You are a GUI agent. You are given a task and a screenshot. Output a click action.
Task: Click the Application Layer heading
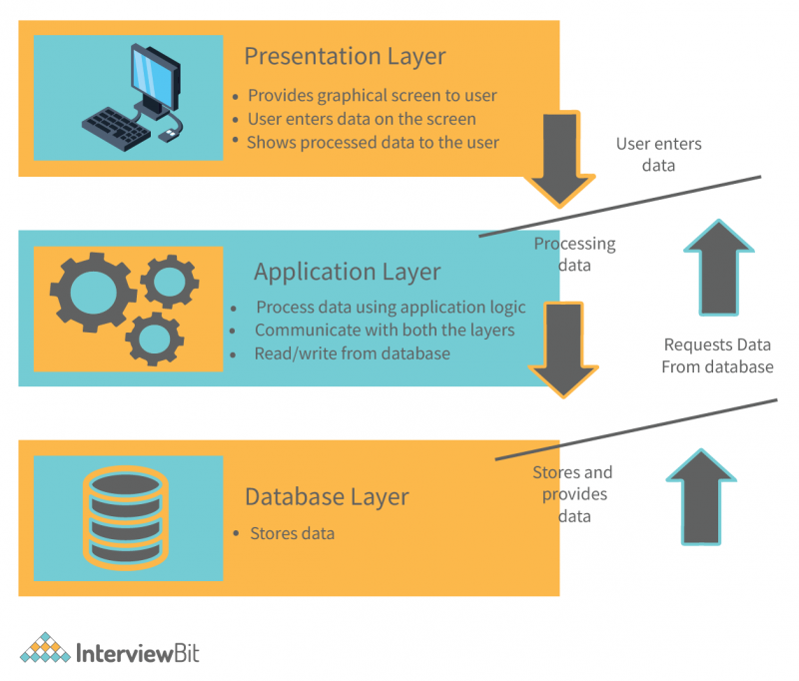coord(347,272)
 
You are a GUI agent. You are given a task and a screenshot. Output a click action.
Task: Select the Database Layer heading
coord(327,496)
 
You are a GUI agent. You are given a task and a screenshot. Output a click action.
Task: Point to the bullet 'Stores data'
coord(292,533)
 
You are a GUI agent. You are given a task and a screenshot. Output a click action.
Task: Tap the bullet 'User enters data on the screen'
coord(362,119)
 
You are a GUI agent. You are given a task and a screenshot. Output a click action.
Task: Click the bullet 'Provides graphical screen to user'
coord(372,96)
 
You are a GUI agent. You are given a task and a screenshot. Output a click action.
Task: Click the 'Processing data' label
coord(574,254)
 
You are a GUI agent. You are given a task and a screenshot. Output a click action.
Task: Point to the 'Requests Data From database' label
coord(717,355)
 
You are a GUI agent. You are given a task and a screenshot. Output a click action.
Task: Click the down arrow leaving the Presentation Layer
coord(562,160)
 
